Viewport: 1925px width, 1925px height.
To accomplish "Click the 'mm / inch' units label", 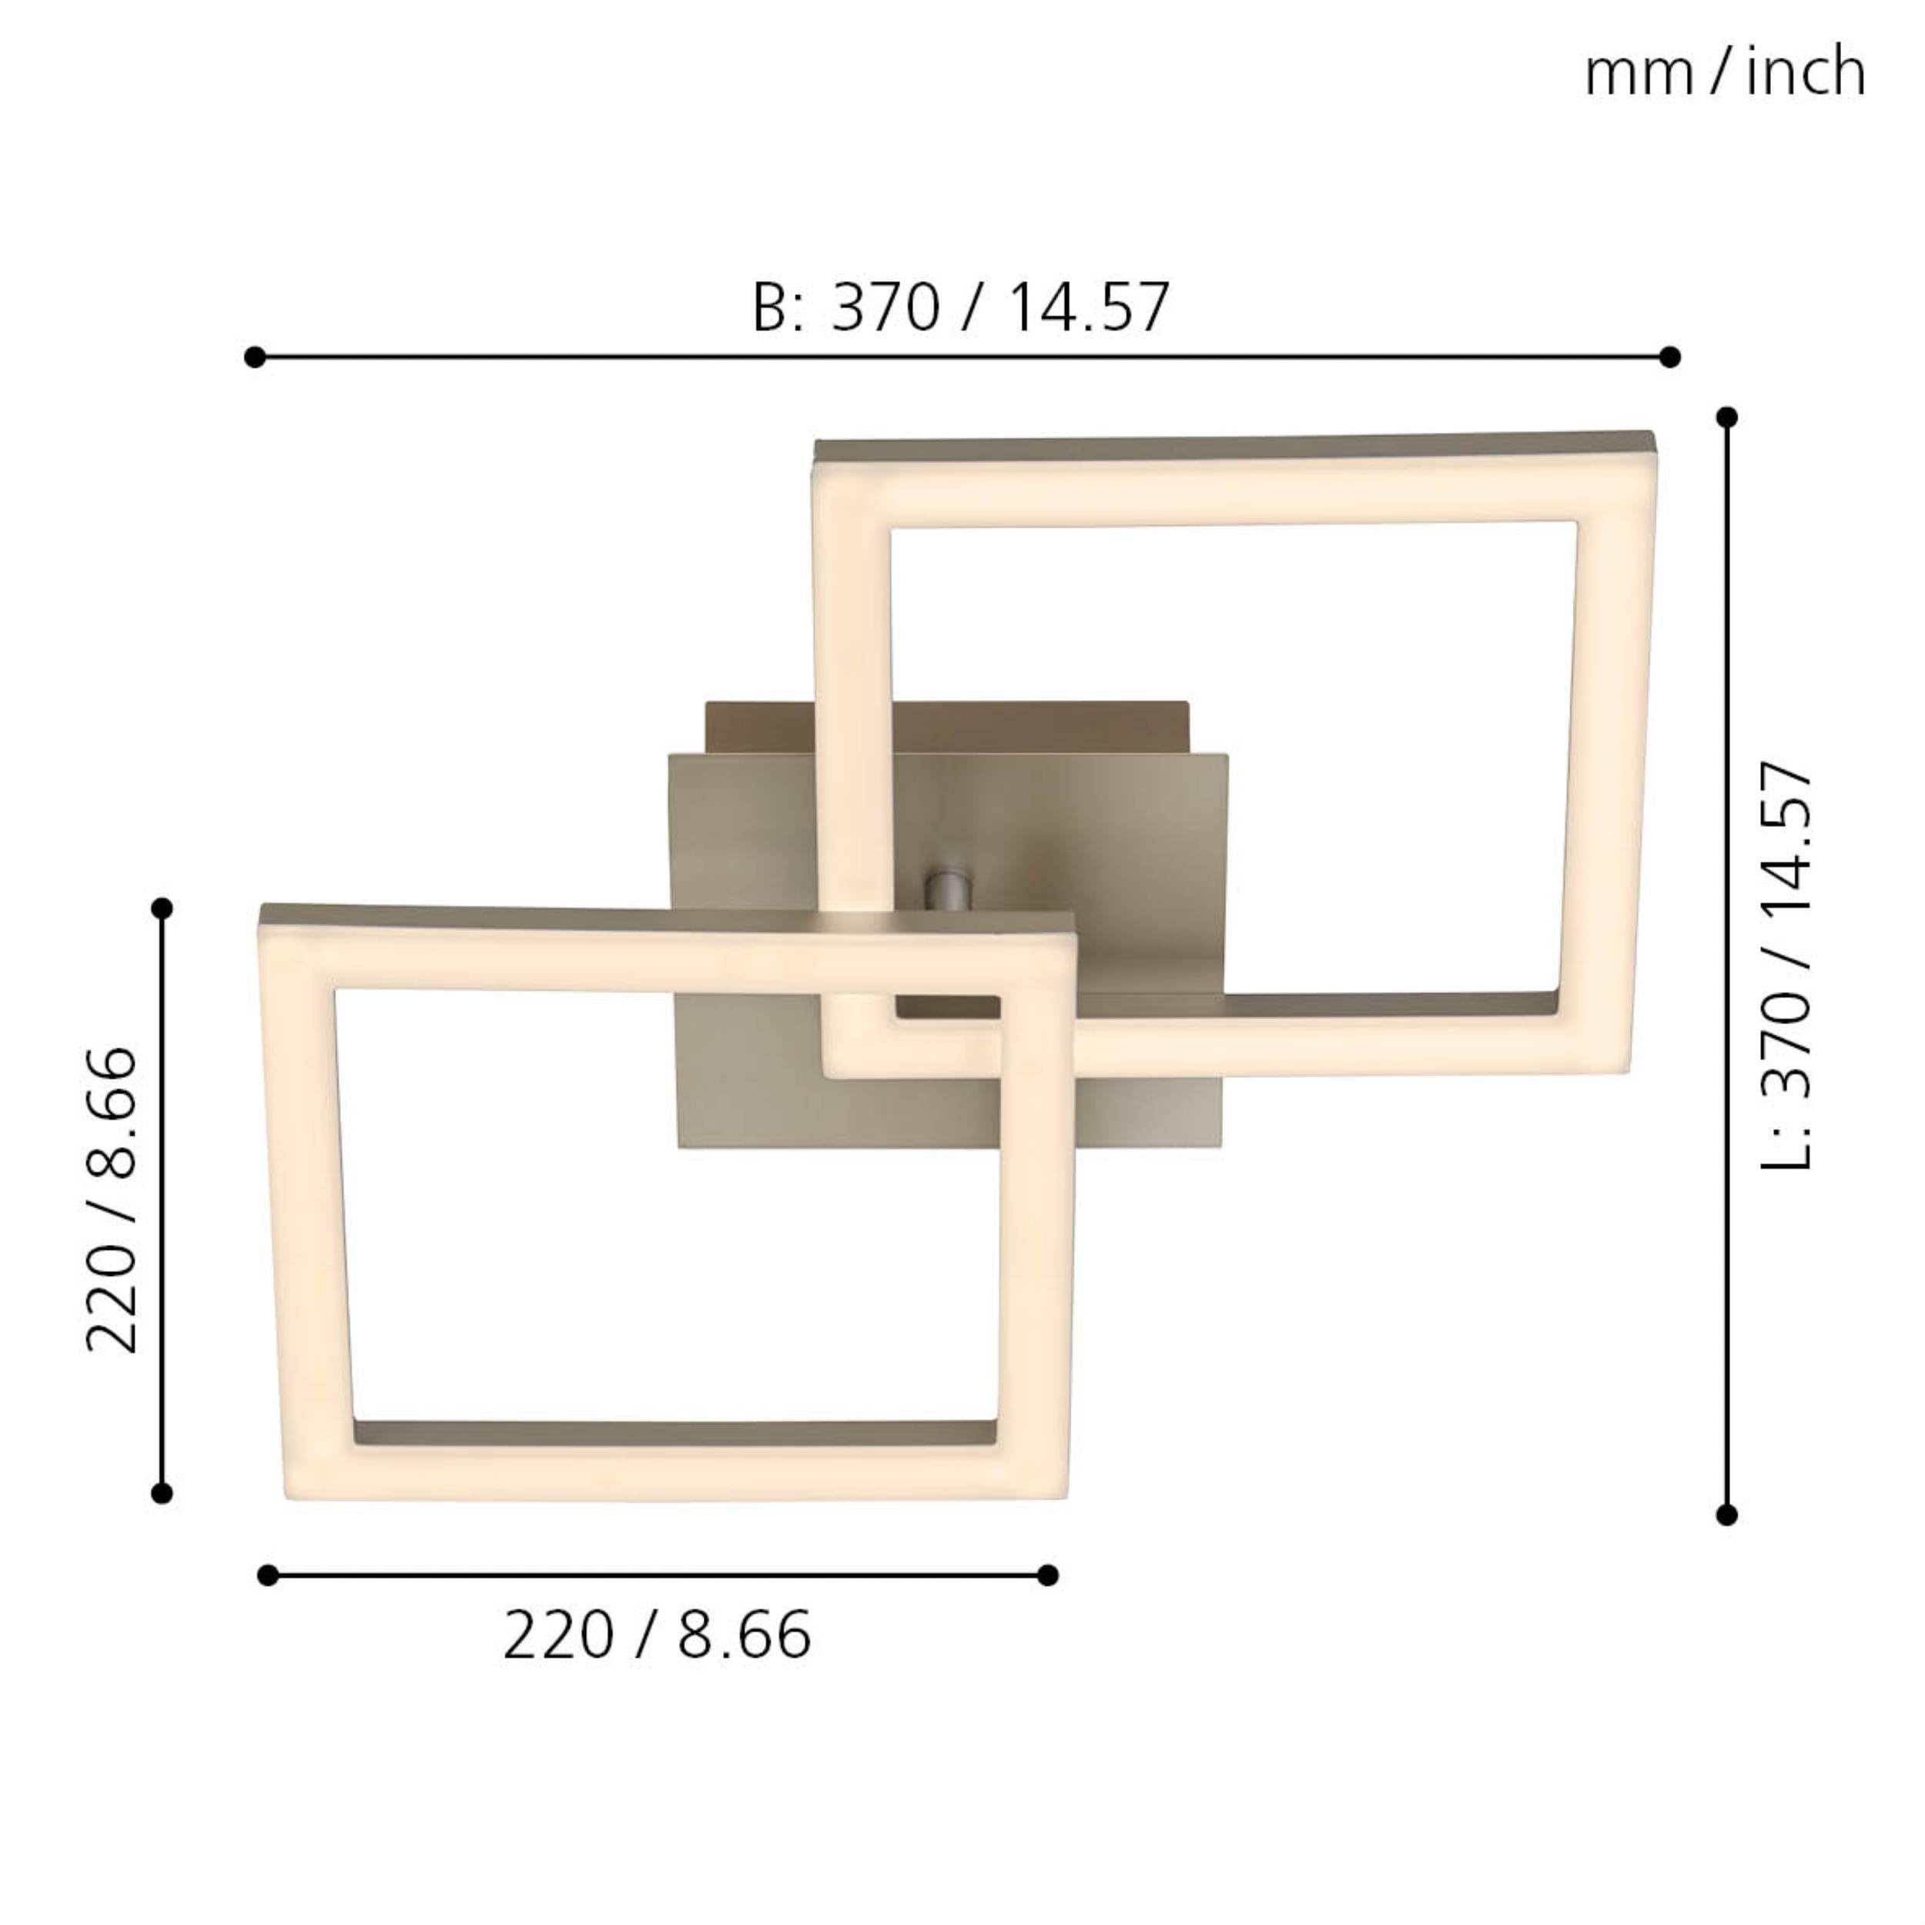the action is (1725, 72).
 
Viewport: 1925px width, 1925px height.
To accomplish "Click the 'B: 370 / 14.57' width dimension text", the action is (960, 307).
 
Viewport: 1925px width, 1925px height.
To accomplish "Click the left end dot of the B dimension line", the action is (254, 357).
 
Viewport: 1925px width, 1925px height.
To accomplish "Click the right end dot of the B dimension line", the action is (1671, 357).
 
